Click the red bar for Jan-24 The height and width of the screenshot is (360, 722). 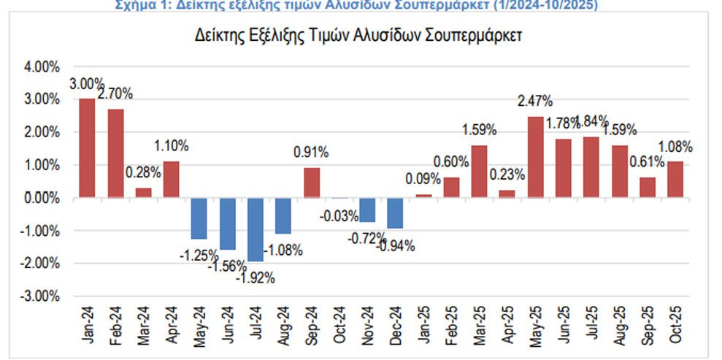[87, 148]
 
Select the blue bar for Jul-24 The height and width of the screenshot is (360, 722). [256, 229]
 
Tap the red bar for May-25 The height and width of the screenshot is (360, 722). [535, 157]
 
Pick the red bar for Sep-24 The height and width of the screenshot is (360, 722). [312, 183]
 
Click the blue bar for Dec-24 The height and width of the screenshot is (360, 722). [395, 213]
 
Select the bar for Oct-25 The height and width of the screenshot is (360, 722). [675, 180]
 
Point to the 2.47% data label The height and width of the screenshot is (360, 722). [536, 101]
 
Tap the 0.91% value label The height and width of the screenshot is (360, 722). [311, 153]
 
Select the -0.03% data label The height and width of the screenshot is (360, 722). [339, 216]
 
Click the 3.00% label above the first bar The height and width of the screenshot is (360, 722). [86, 83]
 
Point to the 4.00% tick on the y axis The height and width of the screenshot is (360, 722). [43, 67]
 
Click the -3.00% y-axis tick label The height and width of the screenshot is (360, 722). [42, 296]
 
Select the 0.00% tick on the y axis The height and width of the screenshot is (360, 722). [43, 199]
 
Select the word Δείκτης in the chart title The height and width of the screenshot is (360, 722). [218, 36]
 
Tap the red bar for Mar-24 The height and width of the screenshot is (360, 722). [143, 193]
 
